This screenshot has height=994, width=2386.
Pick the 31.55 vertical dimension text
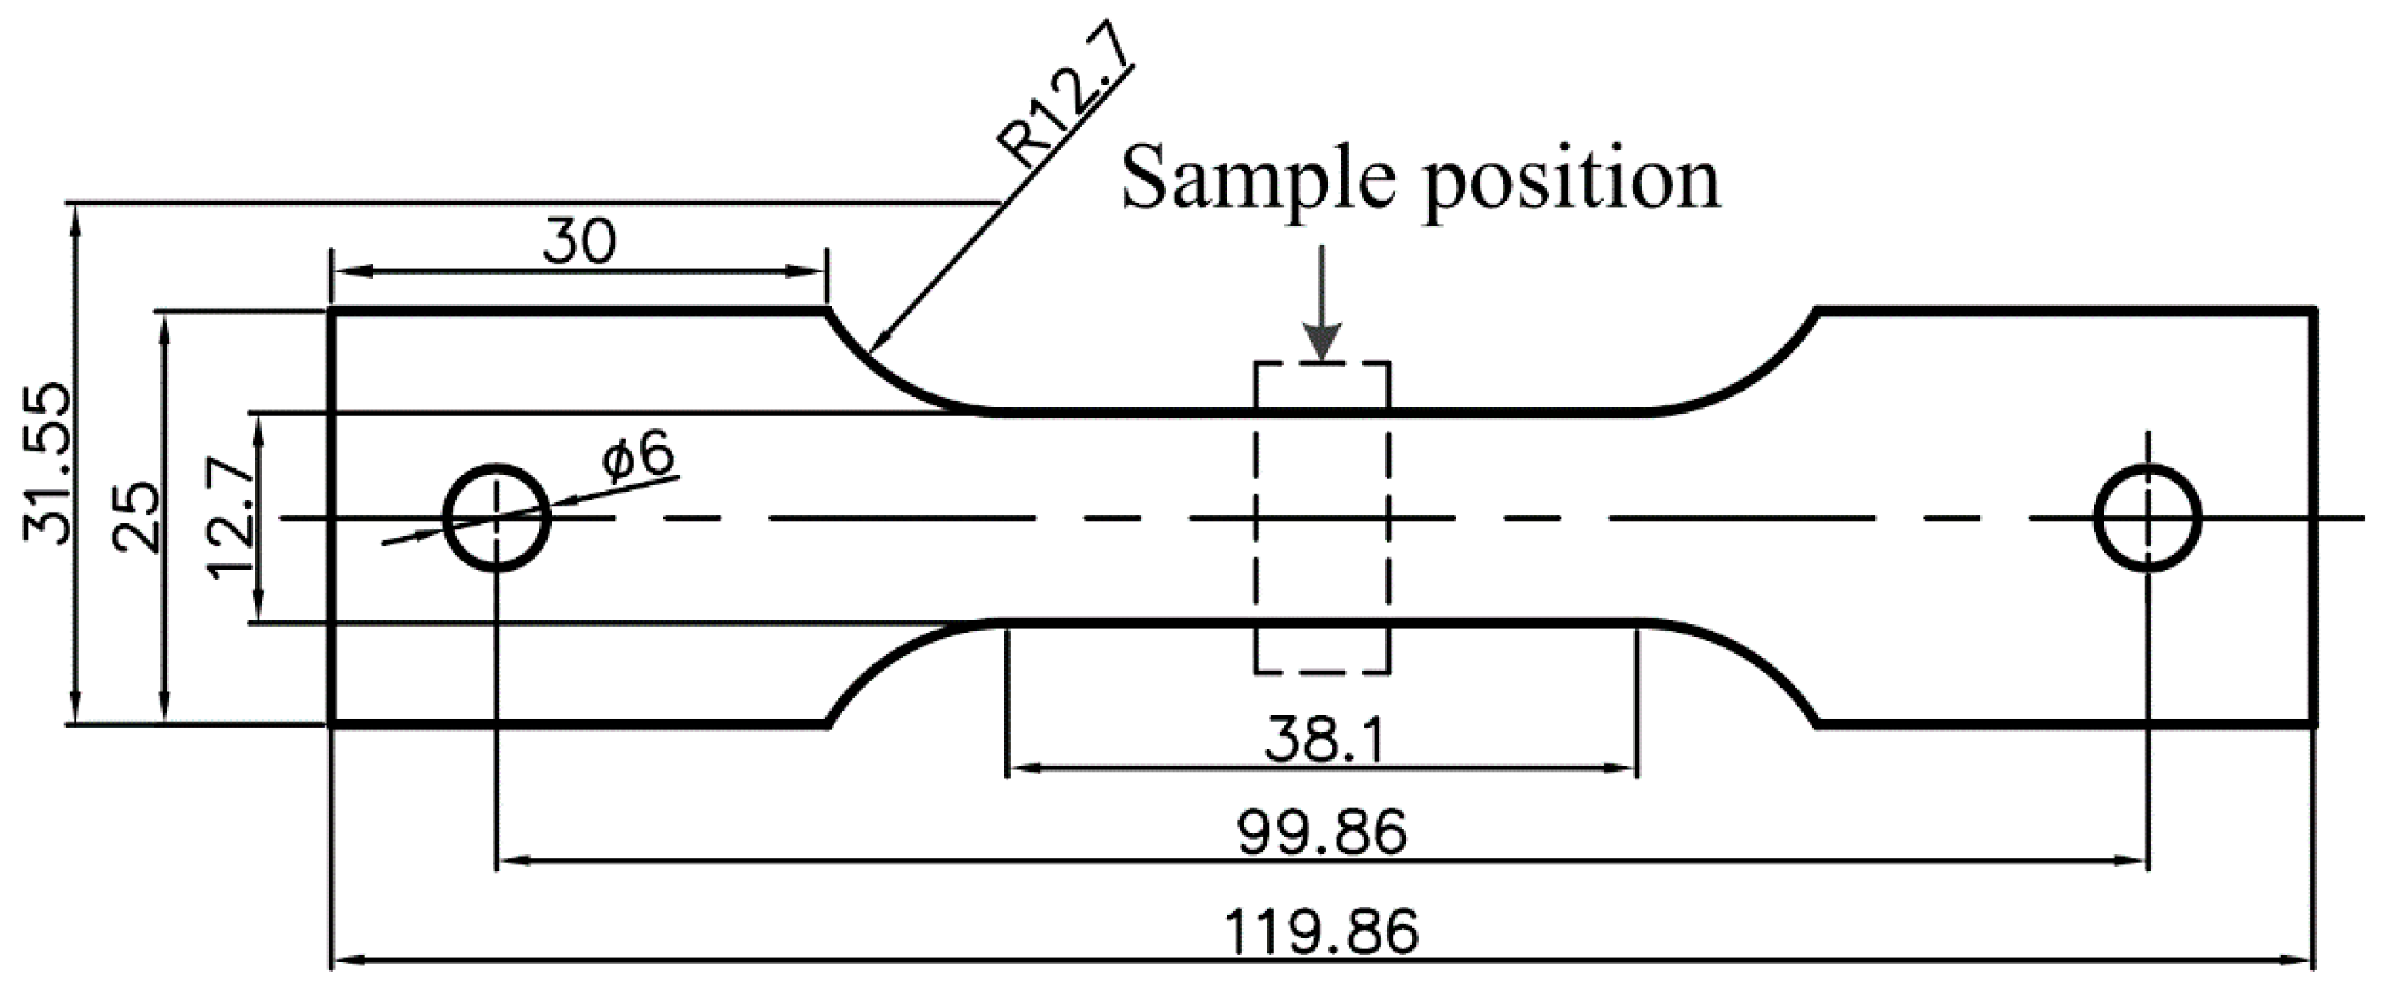coord(46,462)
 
